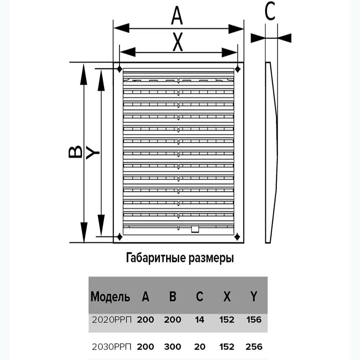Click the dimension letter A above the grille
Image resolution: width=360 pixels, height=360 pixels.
pyautogui.click(x=177, y=16)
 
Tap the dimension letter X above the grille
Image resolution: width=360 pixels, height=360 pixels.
pyautogui.click(x=177, y=42)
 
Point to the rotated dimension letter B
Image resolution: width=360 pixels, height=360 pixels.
pyautogui.click(x=75, y=152)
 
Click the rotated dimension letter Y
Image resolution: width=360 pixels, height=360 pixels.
pyautogui.click(x=93, y=153)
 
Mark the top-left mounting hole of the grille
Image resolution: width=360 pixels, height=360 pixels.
pyautogui.click(x=119, y=68)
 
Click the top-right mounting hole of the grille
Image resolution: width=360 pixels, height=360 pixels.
pyautogui.click(x=237, y=68)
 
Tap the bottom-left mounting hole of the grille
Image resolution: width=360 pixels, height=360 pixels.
pyautogui.click(x=120, y=237)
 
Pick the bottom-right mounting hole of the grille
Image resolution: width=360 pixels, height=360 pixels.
pyautogui.click(x=237, y=237)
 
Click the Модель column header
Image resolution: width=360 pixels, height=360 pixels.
pyautogui.click(x=110, y=297)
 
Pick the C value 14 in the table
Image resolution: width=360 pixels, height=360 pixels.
pyautogui.click(x=200, y=320)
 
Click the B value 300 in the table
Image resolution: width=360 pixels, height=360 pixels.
pyautogui.click(x=172, y=347)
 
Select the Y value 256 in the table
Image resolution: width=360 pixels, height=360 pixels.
pyautogui.click(x=254, y=347)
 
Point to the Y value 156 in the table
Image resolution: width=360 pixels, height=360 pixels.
pyautogui.click(x=254, y=320)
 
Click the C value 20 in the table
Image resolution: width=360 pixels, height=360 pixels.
pyautogui.click(x=200, y=347)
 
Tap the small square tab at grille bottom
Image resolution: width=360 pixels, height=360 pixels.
pyautogui.click(x=194, y=229)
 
